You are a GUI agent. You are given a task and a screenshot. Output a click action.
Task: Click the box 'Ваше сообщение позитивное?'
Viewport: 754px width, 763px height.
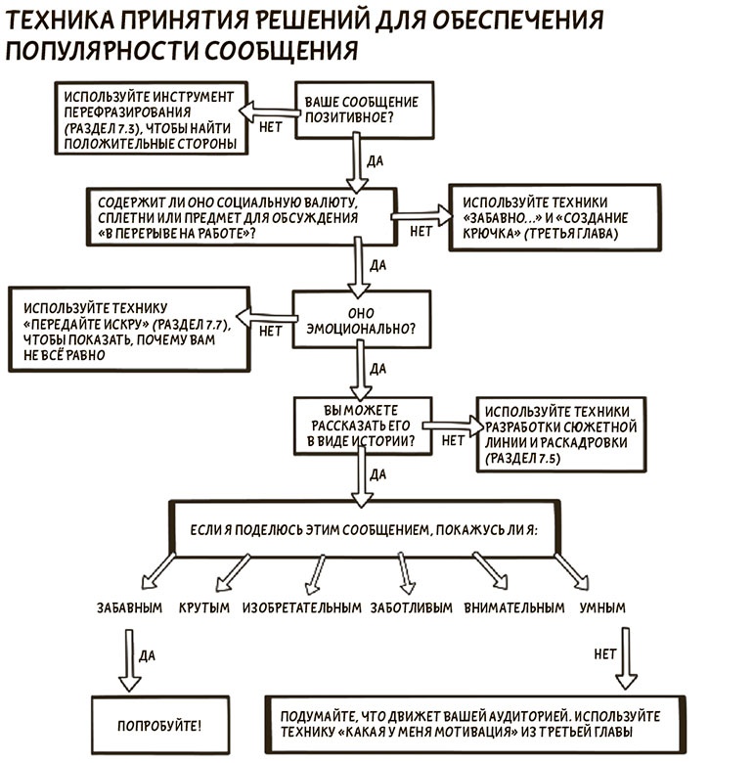click(x=362, y=110)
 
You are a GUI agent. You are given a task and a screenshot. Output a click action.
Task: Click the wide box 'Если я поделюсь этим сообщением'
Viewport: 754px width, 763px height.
click(x=367, y=528)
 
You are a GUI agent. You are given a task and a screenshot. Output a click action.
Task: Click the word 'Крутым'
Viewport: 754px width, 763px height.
click(x=204, y=607)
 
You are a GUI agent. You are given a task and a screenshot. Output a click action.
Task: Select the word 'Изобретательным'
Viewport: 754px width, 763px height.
click(x=302, y=607)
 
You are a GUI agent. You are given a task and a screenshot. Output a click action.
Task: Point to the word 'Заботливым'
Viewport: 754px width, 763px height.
click(x=411, y=607)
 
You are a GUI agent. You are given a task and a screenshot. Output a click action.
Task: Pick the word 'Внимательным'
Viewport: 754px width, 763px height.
click(x=514, y=607)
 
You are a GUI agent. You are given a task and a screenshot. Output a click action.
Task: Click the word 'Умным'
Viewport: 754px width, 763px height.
click(x=602, y=607)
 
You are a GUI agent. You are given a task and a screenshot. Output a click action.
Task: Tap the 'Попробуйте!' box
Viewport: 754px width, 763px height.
click(x=160, y=727)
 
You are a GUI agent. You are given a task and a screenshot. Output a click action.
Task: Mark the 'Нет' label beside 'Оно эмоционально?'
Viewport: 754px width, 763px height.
click(x=270, y=331)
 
